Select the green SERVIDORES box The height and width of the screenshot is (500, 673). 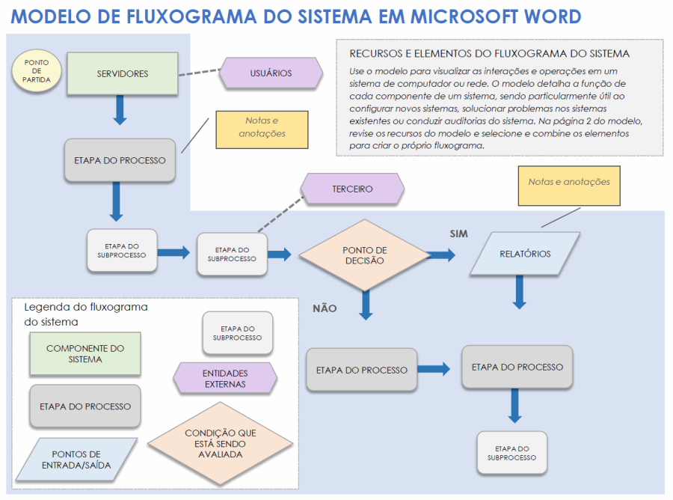pos(123,74)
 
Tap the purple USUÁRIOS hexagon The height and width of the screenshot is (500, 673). pos(271,73)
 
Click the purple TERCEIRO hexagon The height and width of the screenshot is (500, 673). pos(352,189)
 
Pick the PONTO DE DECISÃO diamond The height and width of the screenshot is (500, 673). pos(364,255)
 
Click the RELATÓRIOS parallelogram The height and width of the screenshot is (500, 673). pos(526,254)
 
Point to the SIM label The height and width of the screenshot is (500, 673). pos(458,234)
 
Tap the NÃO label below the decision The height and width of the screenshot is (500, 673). pos(325,308)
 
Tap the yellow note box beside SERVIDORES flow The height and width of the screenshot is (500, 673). pos(262,129)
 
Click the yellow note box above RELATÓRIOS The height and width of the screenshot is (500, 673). pos(569,186)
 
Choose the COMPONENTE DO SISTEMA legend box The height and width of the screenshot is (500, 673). pos(85,354)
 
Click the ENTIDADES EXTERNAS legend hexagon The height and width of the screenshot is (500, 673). pos(225,379)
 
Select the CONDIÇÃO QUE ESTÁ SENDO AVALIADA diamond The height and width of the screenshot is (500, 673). pos(221,444)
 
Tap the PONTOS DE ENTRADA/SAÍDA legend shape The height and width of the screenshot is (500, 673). pos(76,460)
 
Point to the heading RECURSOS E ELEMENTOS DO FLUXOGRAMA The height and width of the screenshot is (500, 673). pos(489,54)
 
